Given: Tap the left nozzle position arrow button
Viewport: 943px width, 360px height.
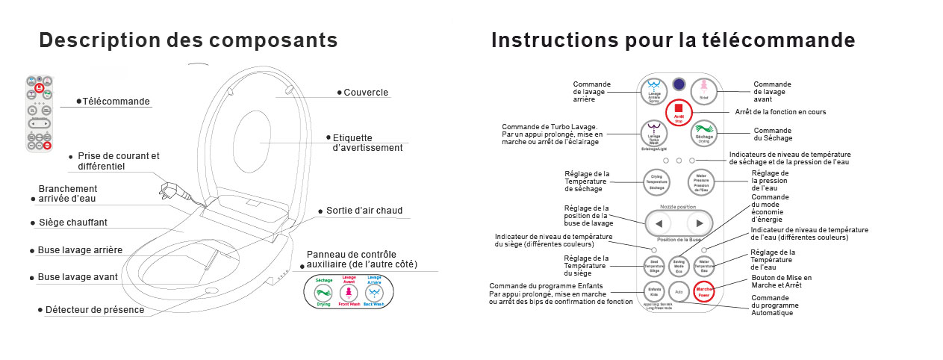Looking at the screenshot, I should (x=658, y=223).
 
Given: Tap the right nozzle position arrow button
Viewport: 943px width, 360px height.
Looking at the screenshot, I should (x=699, y=223).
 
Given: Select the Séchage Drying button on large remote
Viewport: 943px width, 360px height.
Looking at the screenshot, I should (x=703, y=133).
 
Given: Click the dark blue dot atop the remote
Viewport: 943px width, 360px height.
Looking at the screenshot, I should (x=679, y=85).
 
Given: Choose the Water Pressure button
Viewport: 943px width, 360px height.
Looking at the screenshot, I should (x=702, y=181).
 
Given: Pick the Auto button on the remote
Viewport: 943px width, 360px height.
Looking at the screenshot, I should (x=679, y=290).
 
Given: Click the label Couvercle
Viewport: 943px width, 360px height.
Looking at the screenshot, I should (x=366, y=93).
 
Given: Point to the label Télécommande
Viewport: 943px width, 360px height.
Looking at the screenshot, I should (x=116, y=102).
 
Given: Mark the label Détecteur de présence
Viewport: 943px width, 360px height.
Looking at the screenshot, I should (x=95, y=309).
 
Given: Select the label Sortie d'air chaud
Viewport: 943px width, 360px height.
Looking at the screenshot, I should (x=364, y=211).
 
